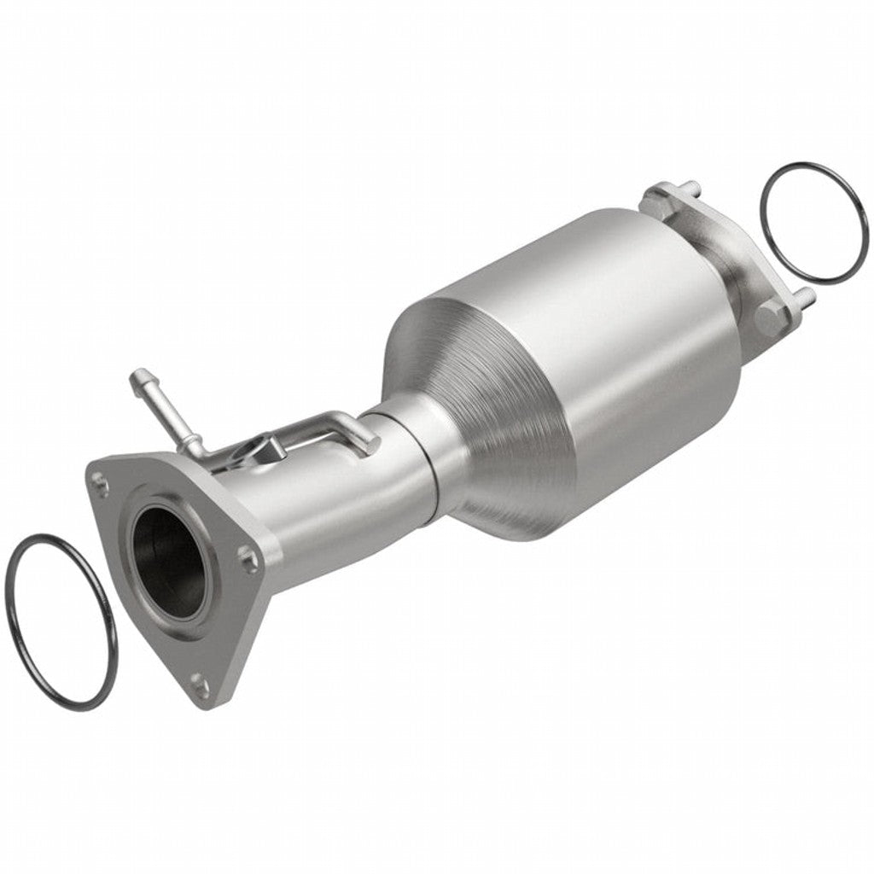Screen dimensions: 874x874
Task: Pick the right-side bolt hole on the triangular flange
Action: (x=248, y=559)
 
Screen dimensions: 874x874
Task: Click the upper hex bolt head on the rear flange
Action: (x=659, y=196)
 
